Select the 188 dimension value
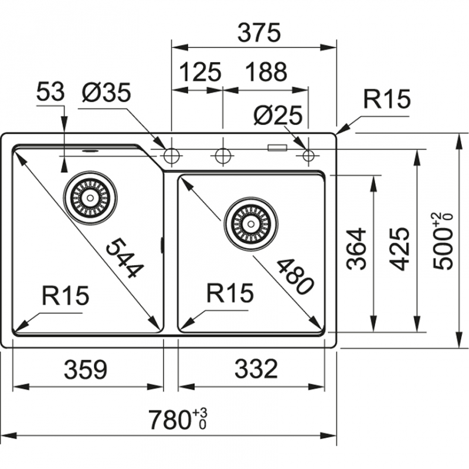266,72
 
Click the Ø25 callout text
277,115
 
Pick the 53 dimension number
50,93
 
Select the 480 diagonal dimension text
291,275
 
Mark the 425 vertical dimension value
400,248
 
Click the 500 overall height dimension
443,242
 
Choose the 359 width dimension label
86,369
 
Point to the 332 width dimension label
255,369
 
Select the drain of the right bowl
251,223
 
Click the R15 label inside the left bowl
64,296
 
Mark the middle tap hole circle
222,156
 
